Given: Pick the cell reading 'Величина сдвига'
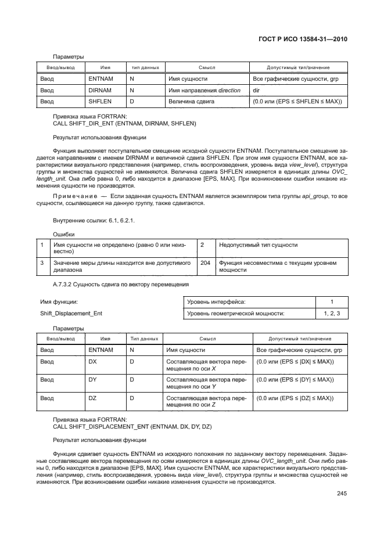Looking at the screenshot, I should point(191,102).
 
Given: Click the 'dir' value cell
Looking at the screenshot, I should point(256,90).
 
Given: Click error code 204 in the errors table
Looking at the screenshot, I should point(205,263).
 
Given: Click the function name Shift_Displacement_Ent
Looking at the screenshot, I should point(69,314).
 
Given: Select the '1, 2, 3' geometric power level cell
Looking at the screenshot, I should point(332,314).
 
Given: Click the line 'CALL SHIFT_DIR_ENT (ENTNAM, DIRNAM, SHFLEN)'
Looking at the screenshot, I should point(124,124).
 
